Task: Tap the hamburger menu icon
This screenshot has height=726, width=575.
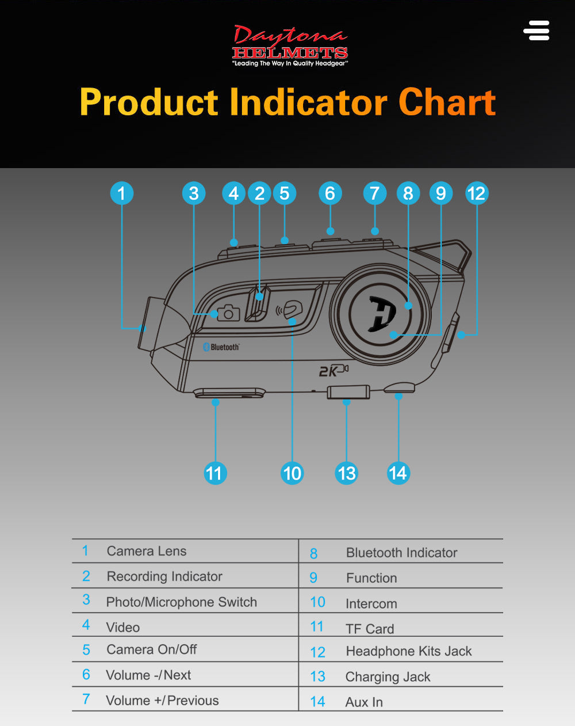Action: (536, 31)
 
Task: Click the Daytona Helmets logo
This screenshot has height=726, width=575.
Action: (290, 45)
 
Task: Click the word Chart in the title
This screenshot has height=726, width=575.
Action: (447, 102)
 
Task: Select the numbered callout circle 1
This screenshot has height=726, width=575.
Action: (122, 193)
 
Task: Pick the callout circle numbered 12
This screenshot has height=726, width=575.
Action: (477, 193)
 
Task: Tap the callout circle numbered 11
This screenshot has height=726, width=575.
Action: (215, 473)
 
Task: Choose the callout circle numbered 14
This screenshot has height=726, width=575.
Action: (398, 473)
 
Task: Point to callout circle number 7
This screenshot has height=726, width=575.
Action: (375, 193)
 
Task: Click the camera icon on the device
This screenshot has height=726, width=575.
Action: (228, 313)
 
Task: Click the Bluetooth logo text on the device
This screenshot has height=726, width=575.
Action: (221, 347)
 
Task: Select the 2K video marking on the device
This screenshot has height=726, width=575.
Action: (333, 370)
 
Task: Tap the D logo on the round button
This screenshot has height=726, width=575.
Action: (382, 314)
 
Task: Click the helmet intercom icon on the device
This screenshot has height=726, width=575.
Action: (289, 309)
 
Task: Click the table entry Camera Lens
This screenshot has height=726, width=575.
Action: (147, 551)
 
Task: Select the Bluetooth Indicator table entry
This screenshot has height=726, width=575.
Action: (402, 553)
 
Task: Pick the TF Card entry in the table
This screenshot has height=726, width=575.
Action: (370, 629)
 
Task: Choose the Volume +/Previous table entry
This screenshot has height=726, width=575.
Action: (163, 700)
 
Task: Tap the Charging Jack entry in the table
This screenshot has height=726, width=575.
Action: (388, 676)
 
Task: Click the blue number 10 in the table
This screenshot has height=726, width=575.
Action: (317, 602)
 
